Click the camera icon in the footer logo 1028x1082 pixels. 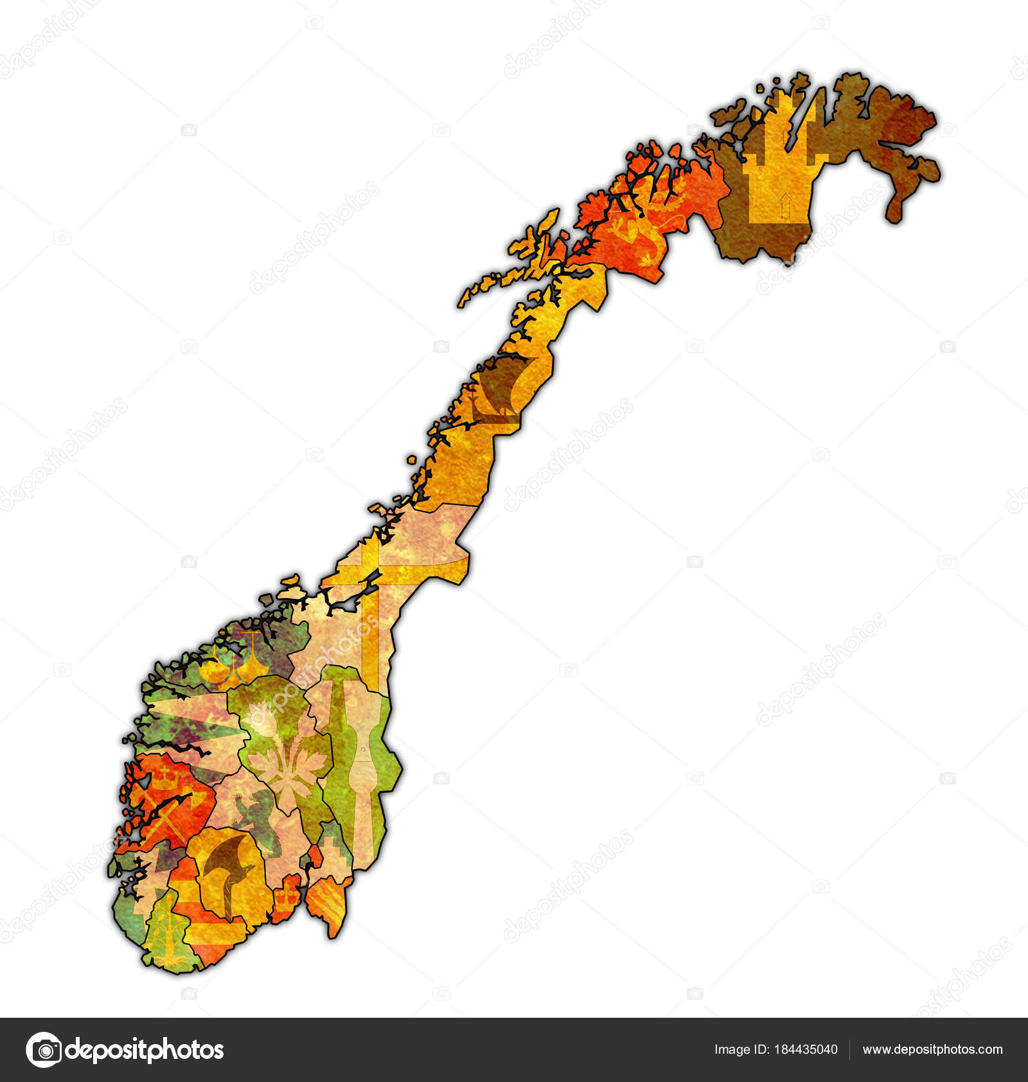(x=44, y=1050)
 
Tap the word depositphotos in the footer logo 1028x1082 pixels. (x=145, y=1050)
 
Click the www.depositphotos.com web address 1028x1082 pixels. (x=932, y=1049)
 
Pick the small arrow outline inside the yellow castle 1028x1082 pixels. (x=783, y=205)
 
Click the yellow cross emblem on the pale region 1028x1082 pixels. (x=373, y=578)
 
